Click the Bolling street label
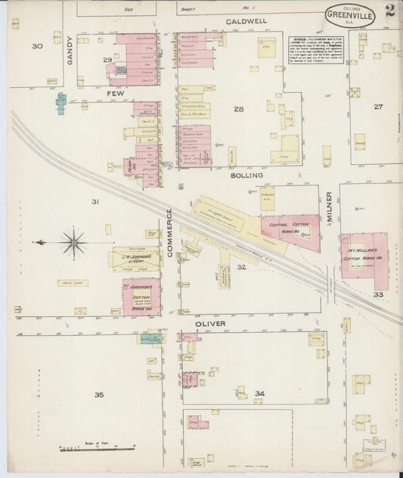(x=247, y=175)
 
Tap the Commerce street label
(x=169, y=234)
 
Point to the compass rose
(x=73, y=242)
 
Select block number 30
(x=37, y=46)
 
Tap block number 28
(x=239, y=110)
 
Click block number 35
(x=98, y=395)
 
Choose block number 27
(x=377, y=107)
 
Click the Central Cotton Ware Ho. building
(x=290, y=228)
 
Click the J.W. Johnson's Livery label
(x=135, y=258)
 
